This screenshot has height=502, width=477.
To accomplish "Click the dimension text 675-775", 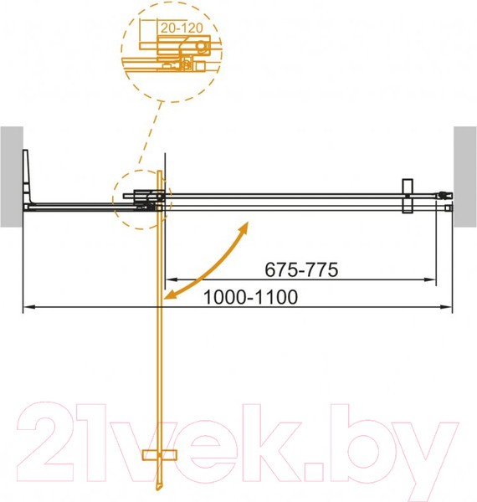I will (x=300, y=269).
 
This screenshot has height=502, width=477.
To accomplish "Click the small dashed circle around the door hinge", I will (x=140, y=201).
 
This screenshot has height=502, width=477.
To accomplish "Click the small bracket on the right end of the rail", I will (x=408, y=197).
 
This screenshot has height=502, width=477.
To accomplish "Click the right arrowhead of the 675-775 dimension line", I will (x=433, y=279).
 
